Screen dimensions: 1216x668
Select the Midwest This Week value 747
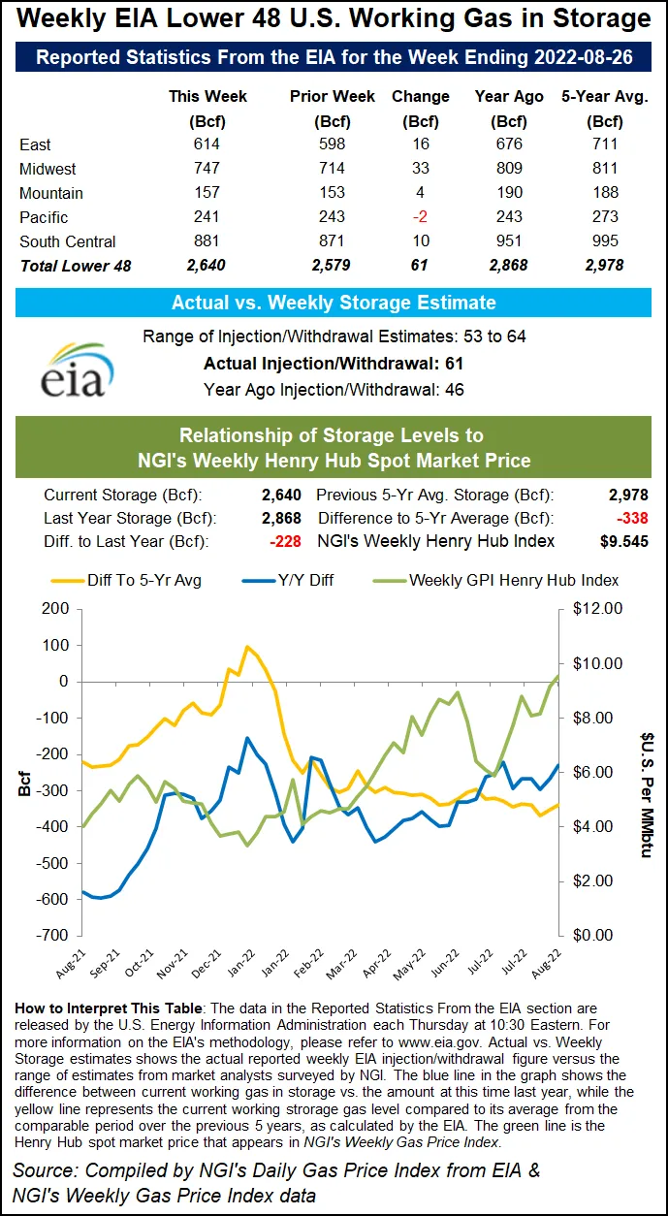click(207, 169)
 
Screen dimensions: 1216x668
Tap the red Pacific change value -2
click(420, 217)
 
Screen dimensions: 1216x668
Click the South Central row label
click(67, 241)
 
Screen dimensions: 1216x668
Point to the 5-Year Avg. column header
click(606, 97)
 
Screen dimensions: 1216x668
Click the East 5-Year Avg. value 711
click(606, 144)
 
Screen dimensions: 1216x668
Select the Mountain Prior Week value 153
click(320, 193)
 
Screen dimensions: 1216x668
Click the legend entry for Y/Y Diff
click(302, 580)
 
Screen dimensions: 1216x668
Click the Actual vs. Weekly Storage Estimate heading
click(334, 303)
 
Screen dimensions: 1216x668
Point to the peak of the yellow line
click(247, 647)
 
